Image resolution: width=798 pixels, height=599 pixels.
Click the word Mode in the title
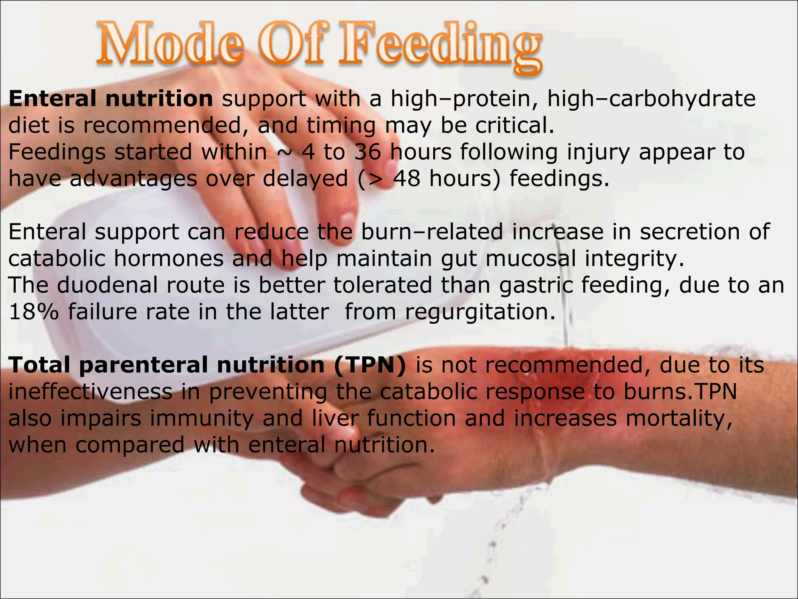[x=169, y=45]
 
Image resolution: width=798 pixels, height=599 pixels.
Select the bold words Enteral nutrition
[x=111, y=99]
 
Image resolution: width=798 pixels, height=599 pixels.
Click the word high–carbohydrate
[x=651, y=99]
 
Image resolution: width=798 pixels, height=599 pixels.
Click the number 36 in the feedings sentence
[x=367, y=152]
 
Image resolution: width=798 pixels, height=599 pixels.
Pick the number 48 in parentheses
[x=406, y=179]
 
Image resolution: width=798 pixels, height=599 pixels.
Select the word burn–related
[x=432, y=232]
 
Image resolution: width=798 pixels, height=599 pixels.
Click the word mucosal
[x=530, y=259]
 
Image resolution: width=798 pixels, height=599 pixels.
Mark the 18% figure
[x=34, y=312]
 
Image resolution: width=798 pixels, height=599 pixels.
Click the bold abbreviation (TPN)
[x=370, y=365]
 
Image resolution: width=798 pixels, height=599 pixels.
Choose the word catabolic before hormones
[x=57, y=259]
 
